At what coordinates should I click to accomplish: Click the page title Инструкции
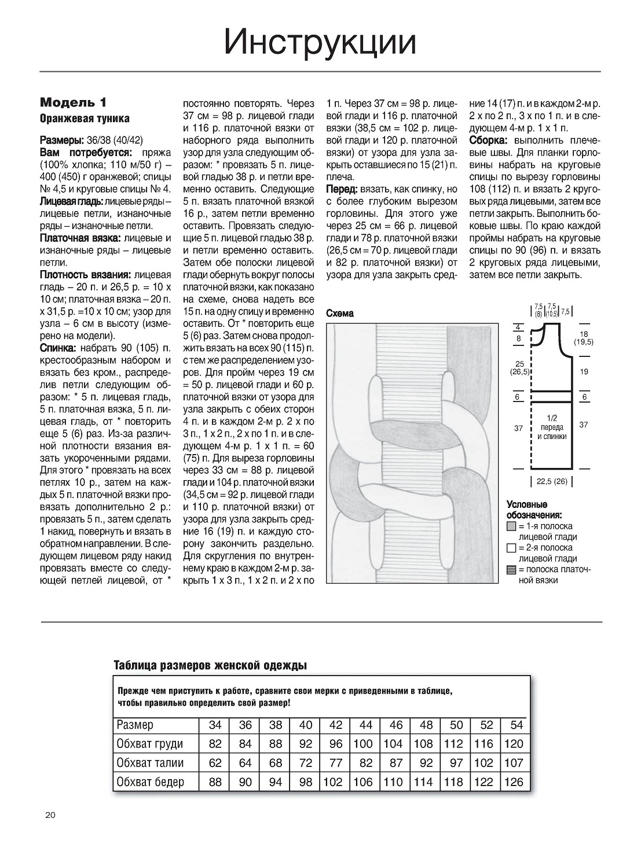click(320, 42)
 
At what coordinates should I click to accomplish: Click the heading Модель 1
click(74, 103)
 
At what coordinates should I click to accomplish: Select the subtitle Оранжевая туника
click(85, 119)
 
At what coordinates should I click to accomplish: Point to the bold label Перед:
click(342, 189)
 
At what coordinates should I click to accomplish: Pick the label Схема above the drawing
click(340, 314)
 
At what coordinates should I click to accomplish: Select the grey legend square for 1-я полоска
click(511, 526)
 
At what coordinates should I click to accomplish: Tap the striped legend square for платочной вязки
click(511, 569)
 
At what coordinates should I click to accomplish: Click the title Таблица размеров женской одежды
click(210, 665)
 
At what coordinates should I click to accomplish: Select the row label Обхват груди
click(149, 744)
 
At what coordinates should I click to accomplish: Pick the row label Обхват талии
click(149, 763)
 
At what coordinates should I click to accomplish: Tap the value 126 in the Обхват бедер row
click(514, 782)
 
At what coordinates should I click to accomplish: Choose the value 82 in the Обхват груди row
click(215, 744)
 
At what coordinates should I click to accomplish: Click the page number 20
click(50, 816)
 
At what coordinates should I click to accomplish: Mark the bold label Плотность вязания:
click(85, 275)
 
